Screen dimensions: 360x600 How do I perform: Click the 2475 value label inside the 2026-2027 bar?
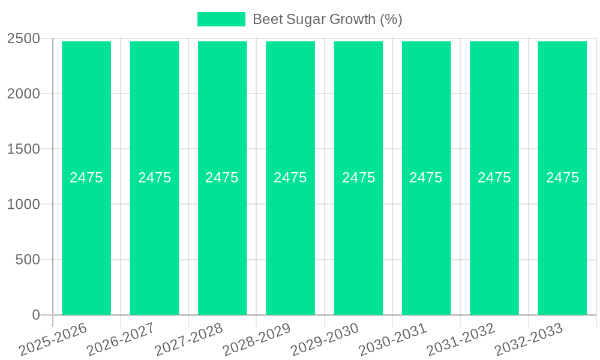click(154, 178)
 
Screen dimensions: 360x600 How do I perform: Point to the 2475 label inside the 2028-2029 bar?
click(290, 178)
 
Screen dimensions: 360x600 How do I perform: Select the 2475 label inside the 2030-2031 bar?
click(426, 178)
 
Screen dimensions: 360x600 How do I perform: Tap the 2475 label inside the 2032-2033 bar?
click(562, 178)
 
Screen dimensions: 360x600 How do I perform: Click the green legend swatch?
click(221, 19)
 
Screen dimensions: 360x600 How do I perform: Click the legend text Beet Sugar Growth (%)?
click(327, 19)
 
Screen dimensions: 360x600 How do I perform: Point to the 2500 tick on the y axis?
click(23, 39)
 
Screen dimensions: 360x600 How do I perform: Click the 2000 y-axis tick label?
click(23, 94)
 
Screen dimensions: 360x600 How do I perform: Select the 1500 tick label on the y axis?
click(23, 149)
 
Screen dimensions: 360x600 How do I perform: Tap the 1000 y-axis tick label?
click(23, 205)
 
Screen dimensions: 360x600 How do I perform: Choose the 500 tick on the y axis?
click(28, 260)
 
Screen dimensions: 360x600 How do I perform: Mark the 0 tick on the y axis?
click(35, 315)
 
